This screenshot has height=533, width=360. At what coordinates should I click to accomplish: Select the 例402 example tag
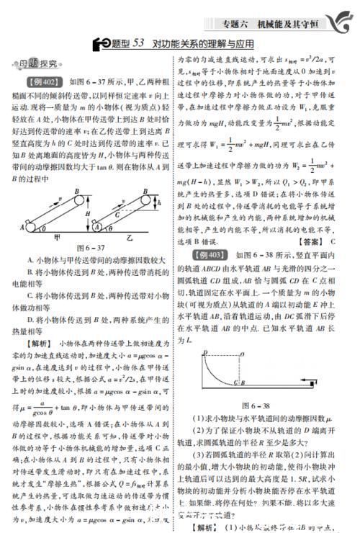[41, 81]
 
